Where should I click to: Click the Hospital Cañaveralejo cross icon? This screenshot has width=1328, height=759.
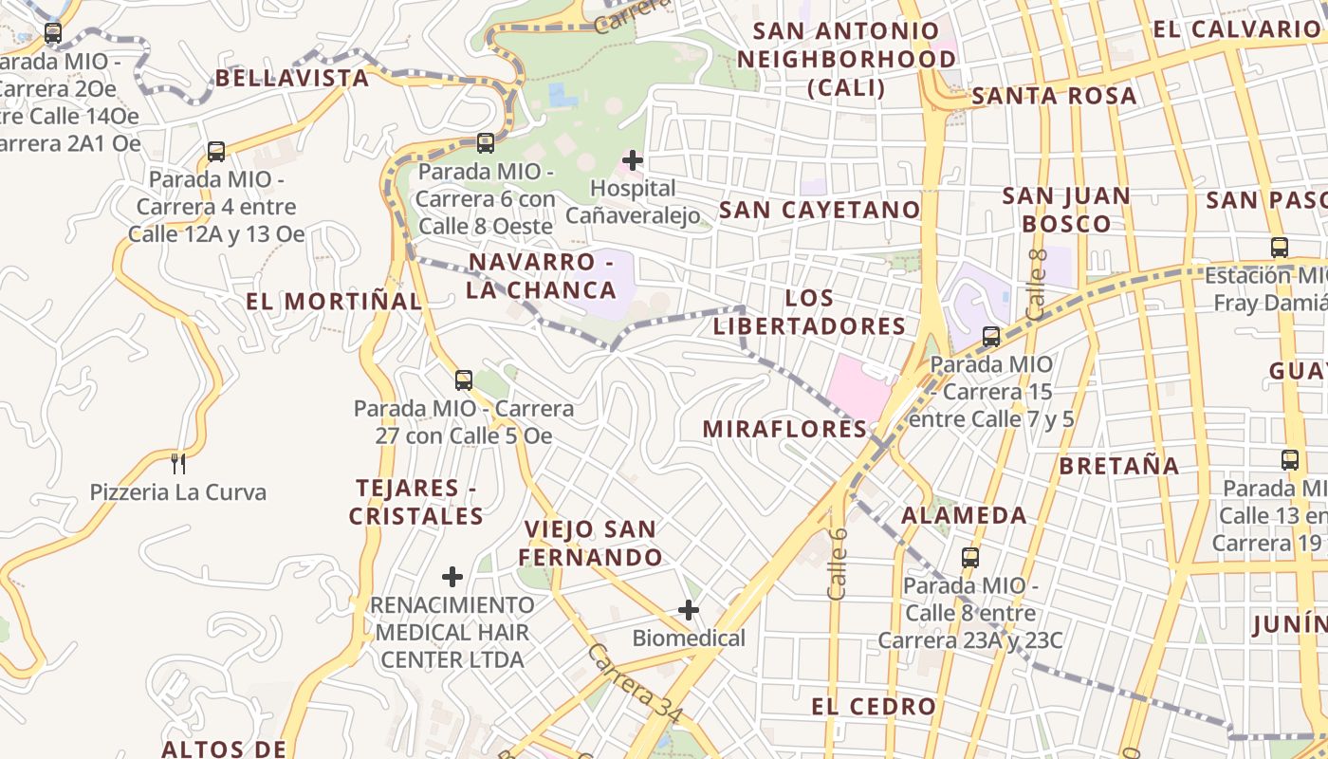pyautogui.click(x=633, y=160)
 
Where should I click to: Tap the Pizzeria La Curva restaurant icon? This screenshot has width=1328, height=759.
pyautogui.click(x=177, y=464)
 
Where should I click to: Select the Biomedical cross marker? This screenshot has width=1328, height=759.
pyautogui.click(x=689, y=610)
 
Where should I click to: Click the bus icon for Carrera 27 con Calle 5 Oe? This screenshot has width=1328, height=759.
pyautogui.click(x=463, y=380)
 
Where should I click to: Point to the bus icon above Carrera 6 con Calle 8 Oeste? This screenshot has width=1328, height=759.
pyautogui.click(x=486, y=143)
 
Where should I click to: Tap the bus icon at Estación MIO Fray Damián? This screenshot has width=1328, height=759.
pyautogui.click(x=1280, y=248)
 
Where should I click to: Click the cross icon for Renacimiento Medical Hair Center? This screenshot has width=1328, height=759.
pyautogui.click(x=452, y=577)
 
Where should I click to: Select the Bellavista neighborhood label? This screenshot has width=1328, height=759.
pyautogui.click(x=292, y=78)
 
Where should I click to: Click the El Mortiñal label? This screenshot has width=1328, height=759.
pyautogui.click(x=334, y=302)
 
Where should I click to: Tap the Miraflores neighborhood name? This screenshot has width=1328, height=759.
pyautogui.click(x=784, y=429)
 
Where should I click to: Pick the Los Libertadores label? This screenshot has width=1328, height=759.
pyautogui.click(x=809, y=312)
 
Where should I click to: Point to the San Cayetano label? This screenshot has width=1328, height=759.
pyautogui.click(x=820, y=210)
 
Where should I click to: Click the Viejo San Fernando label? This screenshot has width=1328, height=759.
pyautogui.click(x=590, y=543)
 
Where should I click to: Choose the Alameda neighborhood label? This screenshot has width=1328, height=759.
pyautogui.click(x=964, y=515)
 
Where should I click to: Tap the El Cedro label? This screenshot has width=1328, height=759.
pyautogui.click(x=874, y=706)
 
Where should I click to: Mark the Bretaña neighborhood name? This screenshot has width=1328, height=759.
pyautogui.click(x=1119, y=466)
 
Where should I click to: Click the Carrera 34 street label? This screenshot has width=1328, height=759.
pyautogui.click(x=633, y=682)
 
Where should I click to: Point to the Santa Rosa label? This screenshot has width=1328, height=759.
pyautogui.click(x=1054, y=96)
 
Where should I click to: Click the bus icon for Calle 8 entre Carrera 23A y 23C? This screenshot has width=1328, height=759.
pyautogui.click(x=969, y=558)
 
